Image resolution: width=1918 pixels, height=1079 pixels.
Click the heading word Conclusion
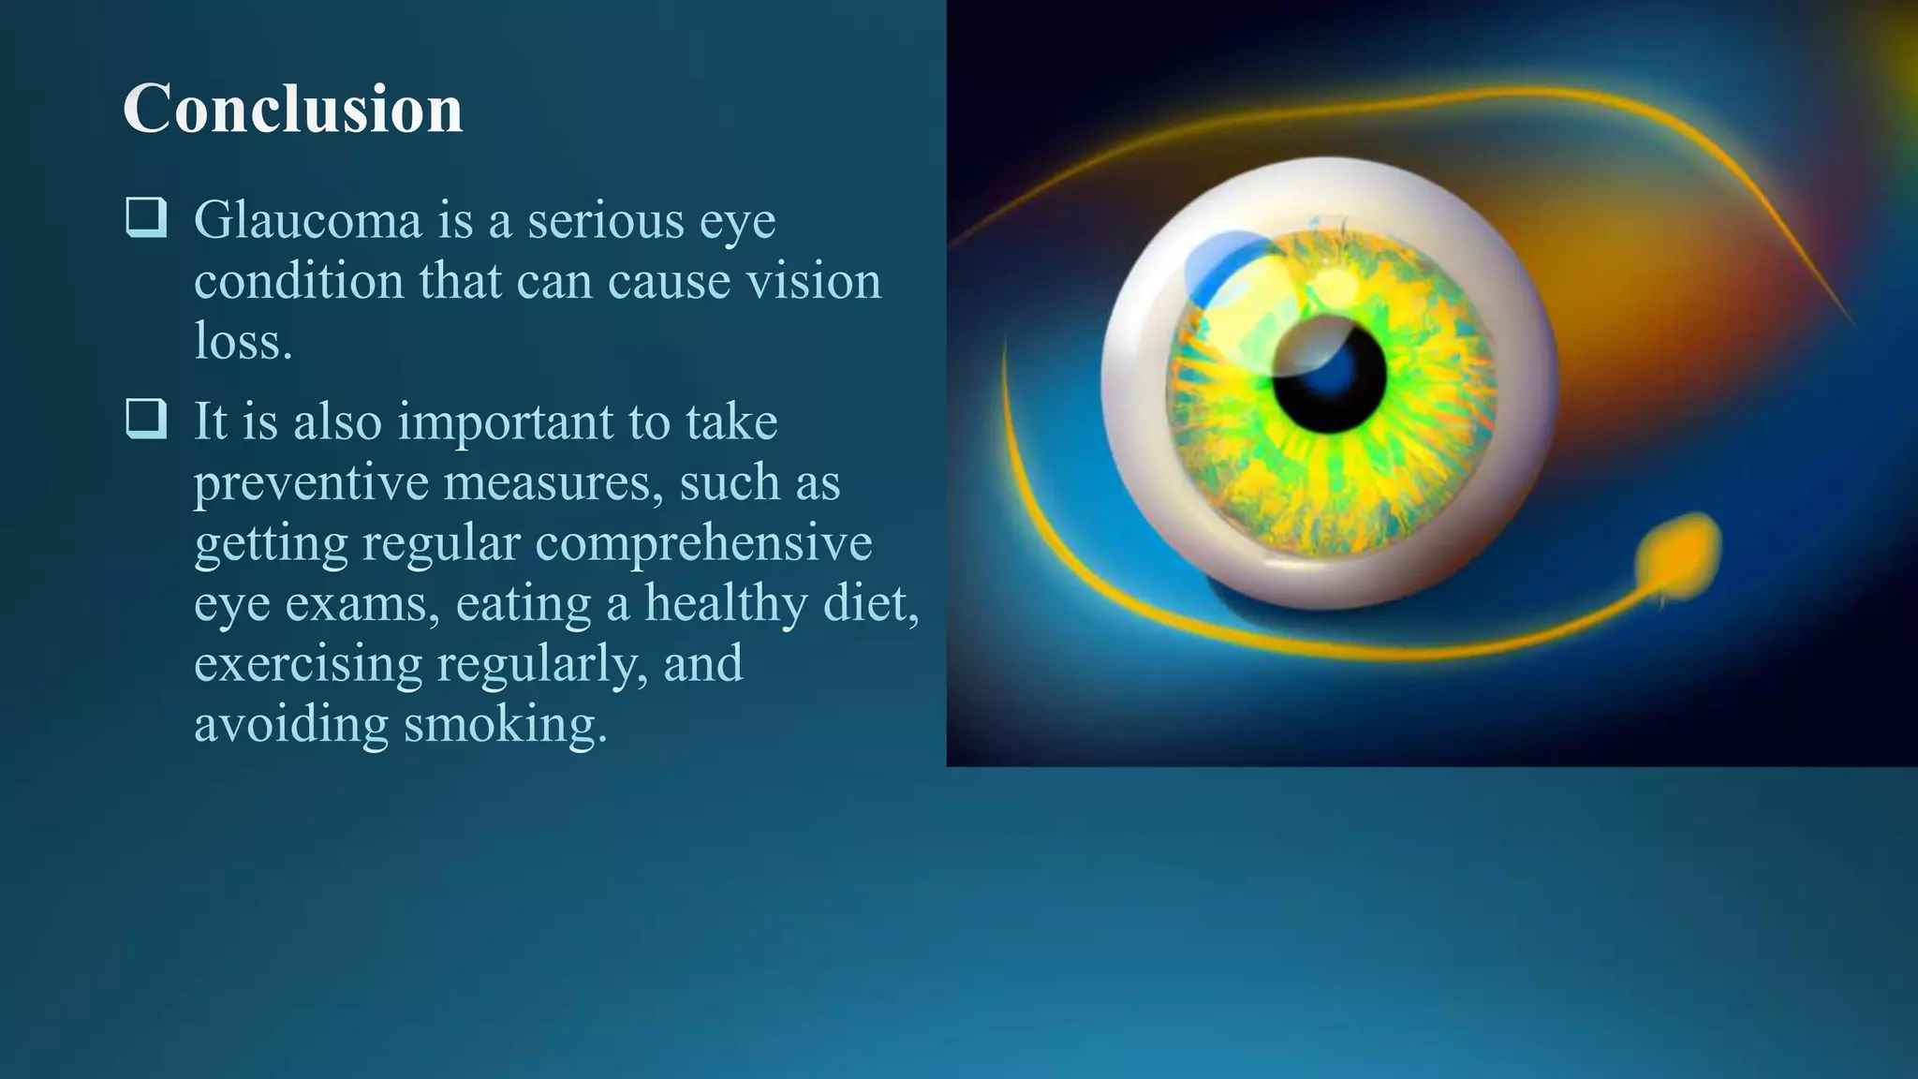pos(292,109)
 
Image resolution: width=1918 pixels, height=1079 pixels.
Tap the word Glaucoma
pos(308,221)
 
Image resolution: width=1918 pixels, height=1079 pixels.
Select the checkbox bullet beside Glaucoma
pos(146,217)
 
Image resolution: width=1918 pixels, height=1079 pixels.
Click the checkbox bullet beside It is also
pos(146,419)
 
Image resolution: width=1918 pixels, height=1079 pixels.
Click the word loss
pos(243,341)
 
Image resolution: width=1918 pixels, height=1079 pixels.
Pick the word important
pos(506,423)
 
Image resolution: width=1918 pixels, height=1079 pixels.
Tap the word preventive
pos(311,483)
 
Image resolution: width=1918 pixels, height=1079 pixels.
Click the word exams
pos(361,604)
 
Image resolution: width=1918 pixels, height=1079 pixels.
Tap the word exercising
pos(308,664)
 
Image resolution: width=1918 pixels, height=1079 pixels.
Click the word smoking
pos(506,725)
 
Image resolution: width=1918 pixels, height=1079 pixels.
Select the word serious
pos(605,221)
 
